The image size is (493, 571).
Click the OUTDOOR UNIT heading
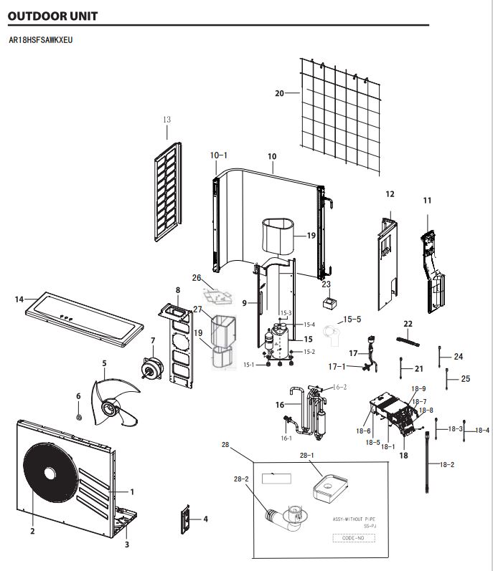52,16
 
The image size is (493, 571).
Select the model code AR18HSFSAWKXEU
40,40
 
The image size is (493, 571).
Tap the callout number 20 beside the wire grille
279,93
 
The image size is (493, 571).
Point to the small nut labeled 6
78,416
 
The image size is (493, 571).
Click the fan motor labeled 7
152,368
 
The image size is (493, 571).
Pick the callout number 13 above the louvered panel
166,120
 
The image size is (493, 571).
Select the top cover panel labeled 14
84,319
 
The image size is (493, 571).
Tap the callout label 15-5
352,320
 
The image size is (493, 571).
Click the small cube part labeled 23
330,303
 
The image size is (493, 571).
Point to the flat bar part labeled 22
408,342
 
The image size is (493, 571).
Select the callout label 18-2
447,465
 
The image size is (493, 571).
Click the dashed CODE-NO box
354,538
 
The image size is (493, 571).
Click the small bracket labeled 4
186,519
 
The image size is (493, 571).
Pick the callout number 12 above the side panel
390,194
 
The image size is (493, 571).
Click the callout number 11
427,201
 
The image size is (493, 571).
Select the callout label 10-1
218,155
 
